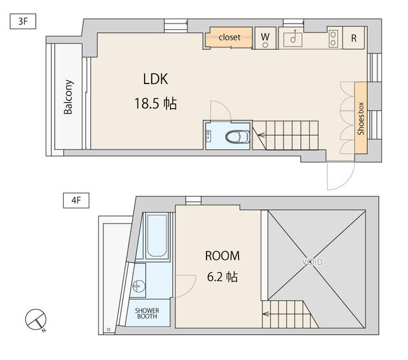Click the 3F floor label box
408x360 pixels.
click(23, 21)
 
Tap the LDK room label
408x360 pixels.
click(155, 79)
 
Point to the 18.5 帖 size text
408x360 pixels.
click(155, 103)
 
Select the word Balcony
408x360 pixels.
click(68, 97)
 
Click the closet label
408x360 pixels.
click(229, 38)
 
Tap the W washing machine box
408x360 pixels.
click(265, 38)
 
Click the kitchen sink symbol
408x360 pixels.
click(294, 38)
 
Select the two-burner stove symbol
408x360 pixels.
click(333, 38)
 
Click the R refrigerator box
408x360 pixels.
click(353, 38)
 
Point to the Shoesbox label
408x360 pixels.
click(360, 119)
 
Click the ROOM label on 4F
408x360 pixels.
click(222, 256)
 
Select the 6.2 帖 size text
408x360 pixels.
click(222, 277)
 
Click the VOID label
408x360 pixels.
click(312, 262)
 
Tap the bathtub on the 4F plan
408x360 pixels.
click(157, 236)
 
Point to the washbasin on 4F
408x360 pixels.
click(138, 287)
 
